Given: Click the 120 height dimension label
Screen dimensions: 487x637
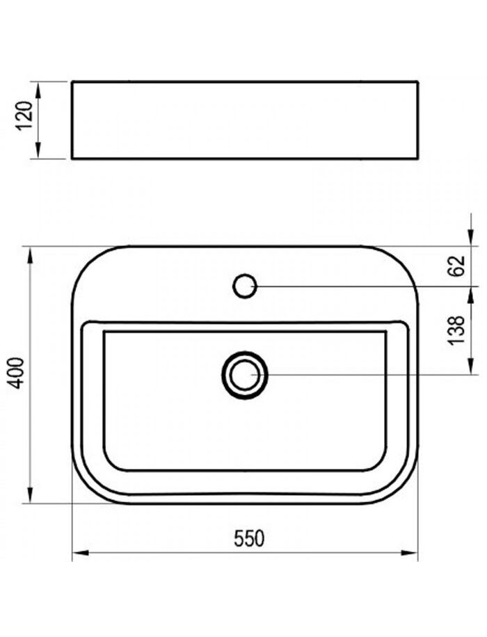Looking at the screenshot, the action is tap(25, 115).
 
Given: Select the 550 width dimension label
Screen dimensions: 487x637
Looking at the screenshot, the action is tap(249, 538).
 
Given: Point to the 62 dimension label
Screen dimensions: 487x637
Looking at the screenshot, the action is tap(458, 266).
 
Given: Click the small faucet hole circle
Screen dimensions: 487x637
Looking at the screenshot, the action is tap(244, 287).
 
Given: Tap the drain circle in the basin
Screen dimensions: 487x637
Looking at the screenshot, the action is tap(245, 376).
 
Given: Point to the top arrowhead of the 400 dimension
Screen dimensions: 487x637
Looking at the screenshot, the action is tap(30, 255).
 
